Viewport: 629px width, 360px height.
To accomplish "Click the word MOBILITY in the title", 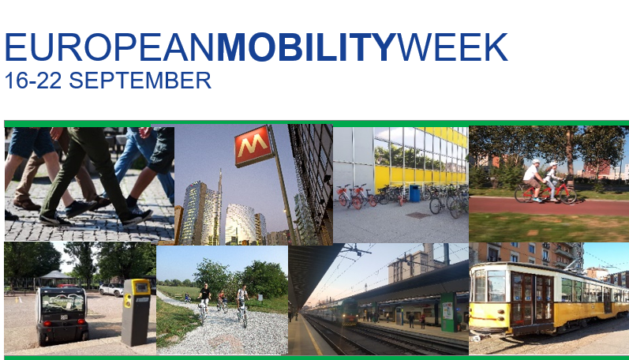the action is click(x=307, y=47).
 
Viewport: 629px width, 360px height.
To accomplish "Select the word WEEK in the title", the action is click(x=452, y=47).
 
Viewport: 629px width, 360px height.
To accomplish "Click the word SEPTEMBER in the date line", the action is click(x=140, y=81).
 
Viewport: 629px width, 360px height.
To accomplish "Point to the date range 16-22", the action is click(x=33, y=81).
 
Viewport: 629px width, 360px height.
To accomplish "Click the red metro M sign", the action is click(x=253, y=146).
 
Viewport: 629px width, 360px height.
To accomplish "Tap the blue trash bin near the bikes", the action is click(x=414, y=193).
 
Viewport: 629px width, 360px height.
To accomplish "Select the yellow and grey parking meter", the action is click(x=136, y=312).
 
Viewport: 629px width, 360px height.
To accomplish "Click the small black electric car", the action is click(x=62, y=315).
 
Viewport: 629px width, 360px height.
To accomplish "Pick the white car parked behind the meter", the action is click(x=111, y=289).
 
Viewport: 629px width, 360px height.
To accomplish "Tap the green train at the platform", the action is click(x=334, y=311).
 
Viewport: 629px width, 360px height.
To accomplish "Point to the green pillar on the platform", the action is click(x=448, y=312).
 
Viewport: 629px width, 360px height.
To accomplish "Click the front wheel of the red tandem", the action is click(x=567, y=195).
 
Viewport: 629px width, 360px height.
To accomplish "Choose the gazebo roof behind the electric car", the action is click(x=55, y=275).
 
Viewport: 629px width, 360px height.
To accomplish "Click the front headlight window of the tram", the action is click(x=496, y=286).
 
